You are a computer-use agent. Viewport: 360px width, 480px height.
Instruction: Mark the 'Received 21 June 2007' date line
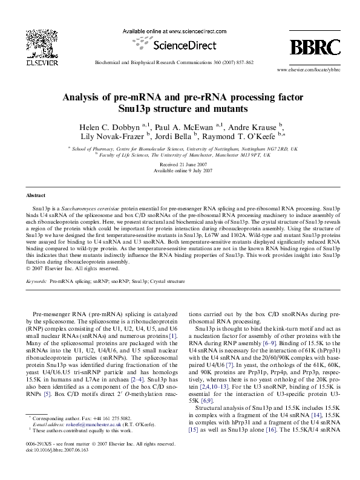pos(180,164)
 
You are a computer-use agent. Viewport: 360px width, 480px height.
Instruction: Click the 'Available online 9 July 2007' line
pos(180,170)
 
